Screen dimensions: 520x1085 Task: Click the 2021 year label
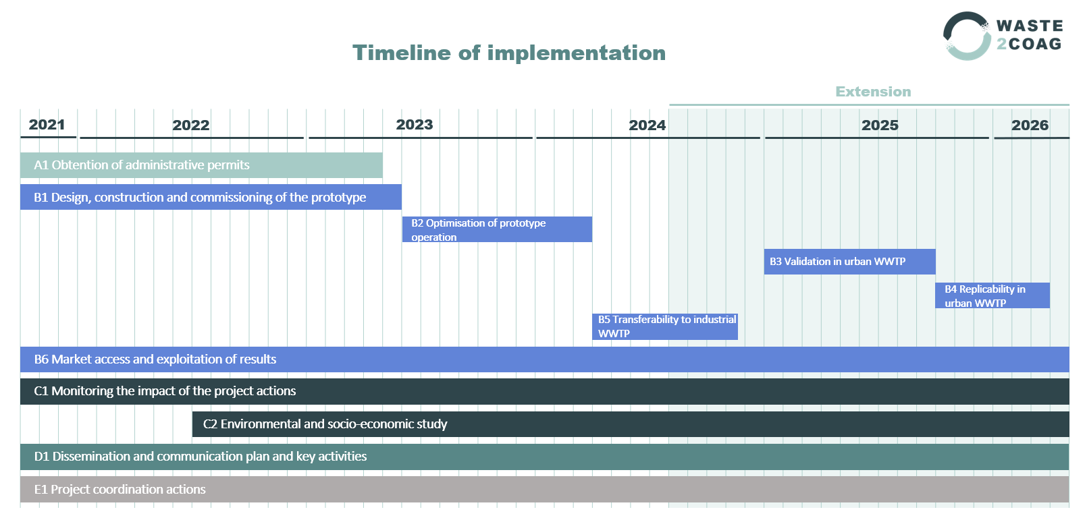pyautogui.click(x=47, y=125)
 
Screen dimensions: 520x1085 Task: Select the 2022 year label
pyautogui.click(x=190, y=125)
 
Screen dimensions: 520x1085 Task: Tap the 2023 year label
pyautogui.click(x=414, y=125)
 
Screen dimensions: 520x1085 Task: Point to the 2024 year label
pyautogui.click(x=647, y=125)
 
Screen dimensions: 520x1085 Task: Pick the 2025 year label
pyautogui.click(x=880, y=125)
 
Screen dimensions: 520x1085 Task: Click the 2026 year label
pyautogui.click(x=1030, y=125)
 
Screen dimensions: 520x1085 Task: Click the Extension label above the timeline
pyautogui.click(x=873, y=92)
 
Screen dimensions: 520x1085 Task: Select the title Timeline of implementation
pyautogui.click(x=509, y=53)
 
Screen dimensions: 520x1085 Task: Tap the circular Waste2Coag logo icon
pyautogui.click(x=967, y=36)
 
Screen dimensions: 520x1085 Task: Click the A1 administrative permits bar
pyautogui.click(x=201, y=165)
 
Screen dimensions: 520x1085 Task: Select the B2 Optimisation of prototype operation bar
pyautogui.click(x=497, y=229)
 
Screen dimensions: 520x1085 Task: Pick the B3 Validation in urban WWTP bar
pyautogui.click(x=849, y=262)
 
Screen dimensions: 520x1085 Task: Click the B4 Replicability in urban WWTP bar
pyautogui.click(x=992, y=295)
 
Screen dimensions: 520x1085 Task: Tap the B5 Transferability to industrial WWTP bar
pyautogui.click(x=665, y=326)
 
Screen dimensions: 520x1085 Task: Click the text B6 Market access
pyautogui.click(x=155, y=359)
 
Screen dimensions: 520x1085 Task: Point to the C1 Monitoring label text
pyautogui.click(x=165, y=391)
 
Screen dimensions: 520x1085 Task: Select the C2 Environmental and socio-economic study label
pyautogui.click(x=325, y=424)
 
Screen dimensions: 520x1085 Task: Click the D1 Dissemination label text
pyautogui.click(x=201, y=457)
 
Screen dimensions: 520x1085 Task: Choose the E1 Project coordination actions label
pyautogui.click(x=120, y=490)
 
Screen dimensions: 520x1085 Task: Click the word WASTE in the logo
pyautogui.click(x=1029, y=26)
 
